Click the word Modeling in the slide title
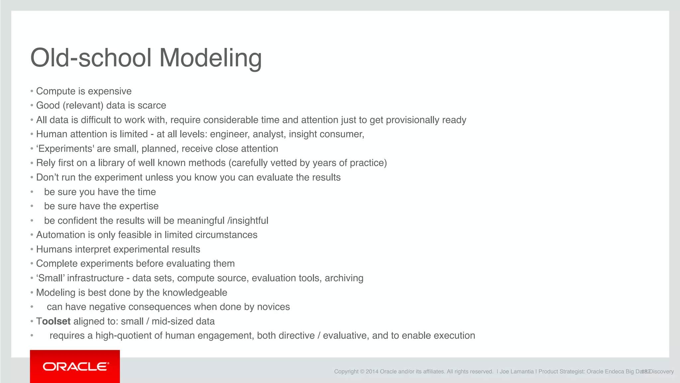click(x=211, y=58)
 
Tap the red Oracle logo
click(x=75, y=366)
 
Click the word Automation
click(x=61, y=235)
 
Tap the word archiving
click(x=344, y=278)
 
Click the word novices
click(x=273, y=307)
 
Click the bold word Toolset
click(x=53, y=321)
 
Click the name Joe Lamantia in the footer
click(x=517, y=372)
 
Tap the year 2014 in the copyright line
click(x=372, y=372)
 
